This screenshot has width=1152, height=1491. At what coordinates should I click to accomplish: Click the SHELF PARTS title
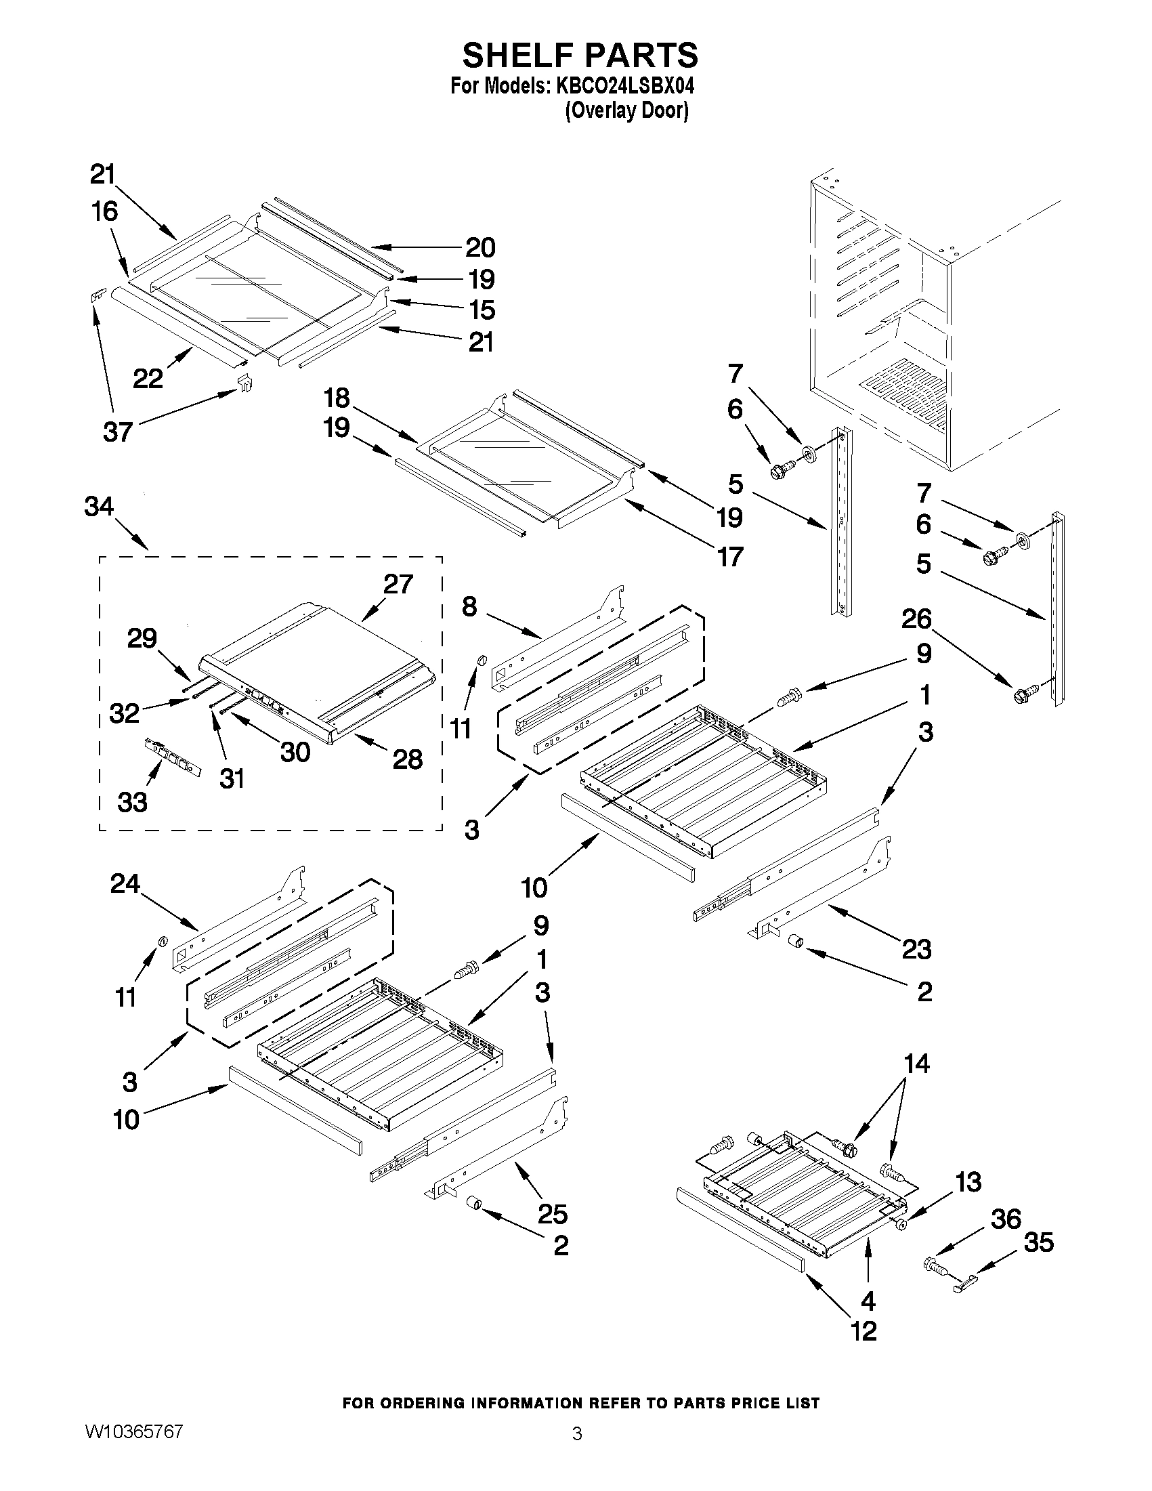click(x=580, y=56)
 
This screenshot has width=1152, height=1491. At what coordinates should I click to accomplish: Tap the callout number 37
click(x=117, y=432)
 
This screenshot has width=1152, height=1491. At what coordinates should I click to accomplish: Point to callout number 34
click(x=100, y=507)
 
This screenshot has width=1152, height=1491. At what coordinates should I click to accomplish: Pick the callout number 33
click(x=131, y=802)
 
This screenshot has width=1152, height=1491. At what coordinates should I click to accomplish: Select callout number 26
click(x=916, y=618)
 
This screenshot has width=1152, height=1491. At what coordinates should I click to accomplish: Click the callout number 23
click(x=916, y=949)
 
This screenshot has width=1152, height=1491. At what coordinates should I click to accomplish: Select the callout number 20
click(x=480, y=247)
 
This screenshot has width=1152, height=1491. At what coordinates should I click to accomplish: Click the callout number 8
click(x=469, y=606)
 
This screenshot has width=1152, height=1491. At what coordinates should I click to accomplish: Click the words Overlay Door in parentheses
click(x=626, y=110)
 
